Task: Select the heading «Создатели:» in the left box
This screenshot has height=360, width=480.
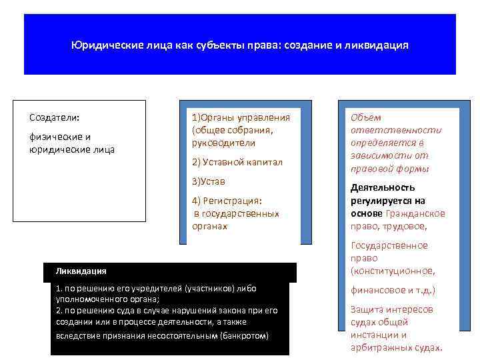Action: click(x=54, y=117)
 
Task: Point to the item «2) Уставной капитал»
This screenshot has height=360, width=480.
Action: click(x=237, y=162)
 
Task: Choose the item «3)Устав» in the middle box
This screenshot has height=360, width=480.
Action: click(x=208, y=181)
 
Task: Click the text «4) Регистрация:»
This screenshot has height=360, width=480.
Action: click(x=227, y=201)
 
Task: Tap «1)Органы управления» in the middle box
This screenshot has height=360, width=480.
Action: click(x=241, y=117)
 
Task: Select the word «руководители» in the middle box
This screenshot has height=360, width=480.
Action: click(x=223, y=143)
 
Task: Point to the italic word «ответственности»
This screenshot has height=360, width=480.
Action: click(x=396, y=130)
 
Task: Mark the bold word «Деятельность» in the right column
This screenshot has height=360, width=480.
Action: click(x=383, y=188)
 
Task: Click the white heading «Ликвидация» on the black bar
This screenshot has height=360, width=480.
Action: click(x=81, y=271)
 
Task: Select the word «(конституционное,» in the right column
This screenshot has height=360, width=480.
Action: click(x=393, y=271)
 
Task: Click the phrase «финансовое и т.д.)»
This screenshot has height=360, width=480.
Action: click(x=392, y=291)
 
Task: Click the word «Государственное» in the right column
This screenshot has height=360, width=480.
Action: click(x=389, y=245)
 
